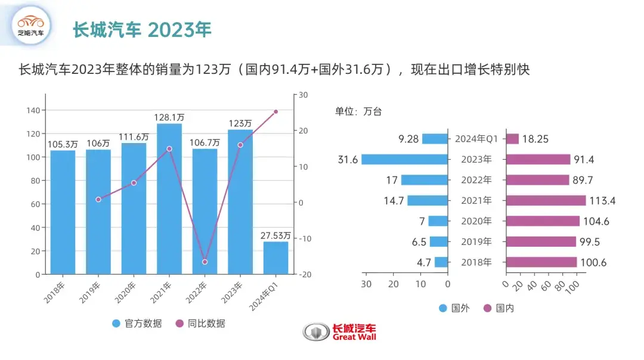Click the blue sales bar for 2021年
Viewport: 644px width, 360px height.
[x=169, y=199]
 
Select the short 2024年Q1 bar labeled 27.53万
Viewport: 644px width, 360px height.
[x=275, y=258]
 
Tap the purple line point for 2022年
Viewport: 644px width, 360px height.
[x=205, y=262]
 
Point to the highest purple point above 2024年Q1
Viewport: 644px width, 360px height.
[x=275, y=111]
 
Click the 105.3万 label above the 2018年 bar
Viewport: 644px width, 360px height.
[x=63, y=144]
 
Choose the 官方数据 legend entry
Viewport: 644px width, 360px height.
[x=137, y=324]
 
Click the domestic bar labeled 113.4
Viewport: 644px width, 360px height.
[x=546, y=200]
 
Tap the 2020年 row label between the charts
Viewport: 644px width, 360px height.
[x=477, y=221]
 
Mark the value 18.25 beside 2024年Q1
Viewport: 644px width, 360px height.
[x=535, y=139]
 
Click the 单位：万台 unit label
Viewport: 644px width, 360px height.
[x=358, y=111]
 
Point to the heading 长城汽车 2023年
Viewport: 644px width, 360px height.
[x=142, y=30]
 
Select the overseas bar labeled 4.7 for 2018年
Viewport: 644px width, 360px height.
[x=441, y=262]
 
